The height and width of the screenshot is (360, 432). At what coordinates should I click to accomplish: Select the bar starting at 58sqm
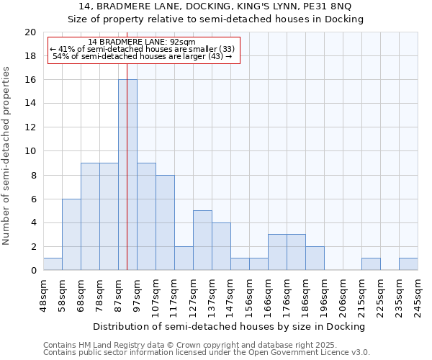pyautogui.click(x=71, y=234)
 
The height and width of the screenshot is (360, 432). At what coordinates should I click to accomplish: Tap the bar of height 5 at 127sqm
pyautogui.click(x=202, y=240)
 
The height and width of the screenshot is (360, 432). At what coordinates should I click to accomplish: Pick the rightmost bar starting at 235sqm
pyautogui.click(x=408, y=264)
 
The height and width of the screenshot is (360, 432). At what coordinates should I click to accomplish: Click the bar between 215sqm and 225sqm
pyautogui.click(x=371, y=264)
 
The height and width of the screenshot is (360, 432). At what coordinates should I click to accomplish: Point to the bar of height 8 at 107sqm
pyautogui.click(x=165, y=222)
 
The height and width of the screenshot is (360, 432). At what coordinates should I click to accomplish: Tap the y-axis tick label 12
pyautogui.click(x=30, y=127)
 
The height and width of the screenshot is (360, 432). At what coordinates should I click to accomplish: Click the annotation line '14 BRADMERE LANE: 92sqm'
pyautogui.click(x=142, y=42)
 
